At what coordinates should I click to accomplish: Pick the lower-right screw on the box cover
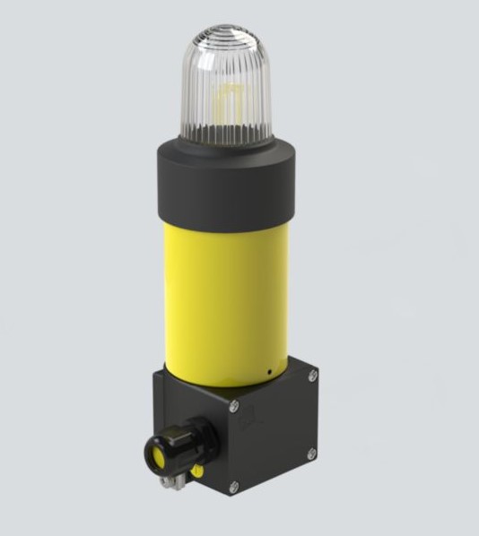(311, 454)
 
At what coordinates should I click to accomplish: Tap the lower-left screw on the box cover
(234, 487)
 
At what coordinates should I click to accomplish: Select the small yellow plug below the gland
(197, 468)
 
